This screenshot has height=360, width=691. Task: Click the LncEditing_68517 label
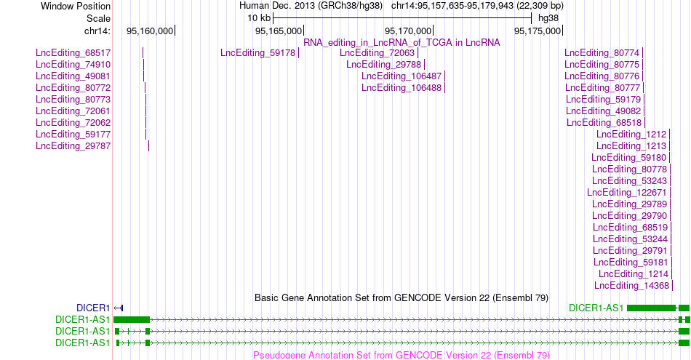[73, 53]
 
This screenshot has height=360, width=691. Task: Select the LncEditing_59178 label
[257, 53]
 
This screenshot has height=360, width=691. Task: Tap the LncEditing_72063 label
[378, 53]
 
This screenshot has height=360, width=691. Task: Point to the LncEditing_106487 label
[402, 76]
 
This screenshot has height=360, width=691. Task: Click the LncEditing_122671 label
[627, 193]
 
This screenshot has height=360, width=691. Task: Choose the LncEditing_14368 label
[631, 286]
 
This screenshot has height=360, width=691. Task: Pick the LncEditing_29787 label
[73, 146]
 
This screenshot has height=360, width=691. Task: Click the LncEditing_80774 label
[602, 53]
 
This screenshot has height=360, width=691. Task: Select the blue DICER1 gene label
[93, 308]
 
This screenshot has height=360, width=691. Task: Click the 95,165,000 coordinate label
[279, 31]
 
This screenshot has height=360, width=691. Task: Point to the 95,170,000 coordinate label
[408, 31]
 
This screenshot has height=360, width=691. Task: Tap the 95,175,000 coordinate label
[538, 31]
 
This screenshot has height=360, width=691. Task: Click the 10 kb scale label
[259, 18]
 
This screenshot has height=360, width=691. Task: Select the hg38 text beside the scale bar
[548, 18]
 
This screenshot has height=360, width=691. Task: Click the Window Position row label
[76, 6]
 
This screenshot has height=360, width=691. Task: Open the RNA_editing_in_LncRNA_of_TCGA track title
[402, 43]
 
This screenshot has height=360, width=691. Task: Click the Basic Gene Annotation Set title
[402, 298]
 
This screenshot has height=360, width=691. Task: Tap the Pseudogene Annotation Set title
[402, 355]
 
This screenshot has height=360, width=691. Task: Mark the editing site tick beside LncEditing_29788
[424, 64]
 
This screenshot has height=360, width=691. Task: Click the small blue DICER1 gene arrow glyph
[119, 308]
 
